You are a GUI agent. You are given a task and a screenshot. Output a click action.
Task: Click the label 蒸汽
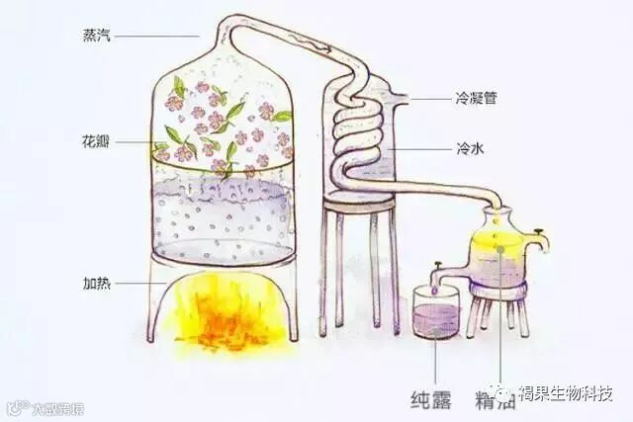[99, 37]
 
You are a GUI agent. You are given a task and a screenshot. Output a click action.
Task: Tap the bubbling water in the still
[224, 217]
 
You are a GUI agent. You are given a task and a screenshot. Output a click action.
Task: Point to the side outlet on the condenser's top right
[400, 99]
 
